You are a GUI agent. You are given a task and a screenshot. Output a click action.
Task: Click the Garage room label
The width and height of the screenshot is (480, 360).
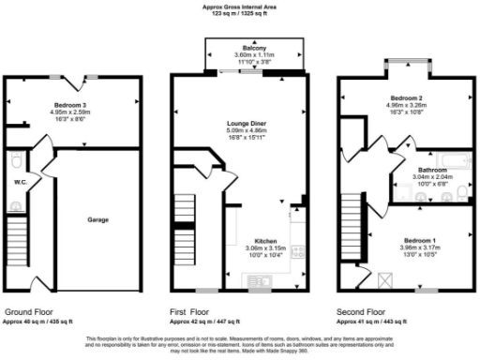pos(98,219)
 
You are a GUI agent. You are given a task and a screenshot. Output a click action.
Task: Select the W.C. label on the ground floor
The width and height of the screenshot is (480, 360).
pos(20,181)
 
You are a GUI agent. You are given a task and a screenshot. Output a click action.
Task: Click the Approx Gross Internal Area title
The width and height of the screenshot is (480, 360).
pos(240,6)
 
